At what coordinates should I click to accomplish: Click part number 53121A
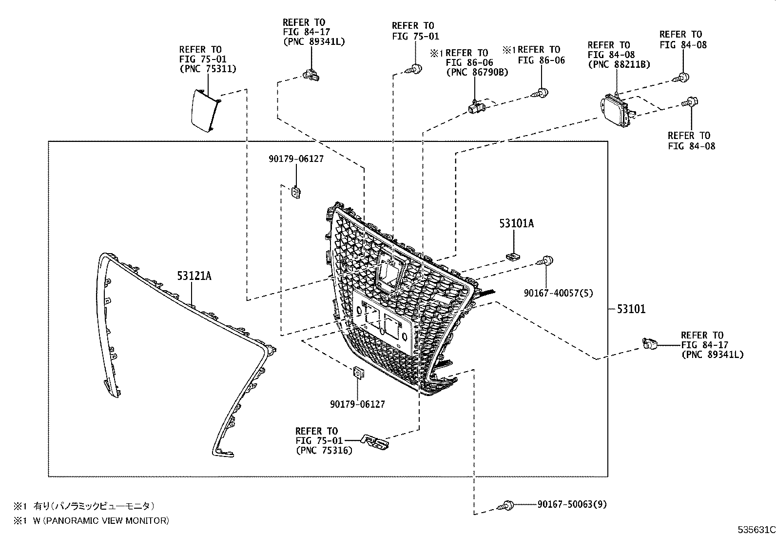194,276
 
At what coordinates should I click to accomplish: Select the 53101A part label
516,223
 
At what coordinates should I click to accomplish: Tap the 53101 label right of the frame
631,309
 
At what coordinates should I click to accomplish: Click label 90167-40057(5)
558,293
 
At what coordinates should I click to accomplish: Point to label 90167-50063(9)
572,504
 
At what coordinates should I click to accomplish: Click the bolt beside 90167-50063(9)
505,506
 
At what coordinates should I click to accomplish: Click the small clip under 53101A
512,256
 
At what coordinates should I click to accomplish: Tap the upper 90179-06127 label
296,159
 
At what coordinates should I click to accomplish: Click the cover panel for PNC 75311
204,111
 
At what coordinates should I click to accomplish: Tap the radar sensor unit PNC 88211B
616,108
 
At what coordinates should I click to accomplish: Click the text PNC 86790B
477,73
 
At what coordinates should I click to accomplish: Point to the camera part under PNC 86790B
476,106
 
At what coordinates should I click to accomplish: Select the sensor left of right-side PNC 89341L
650,344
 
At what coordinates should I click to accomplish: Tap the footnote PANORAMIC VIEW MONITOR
100,520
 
